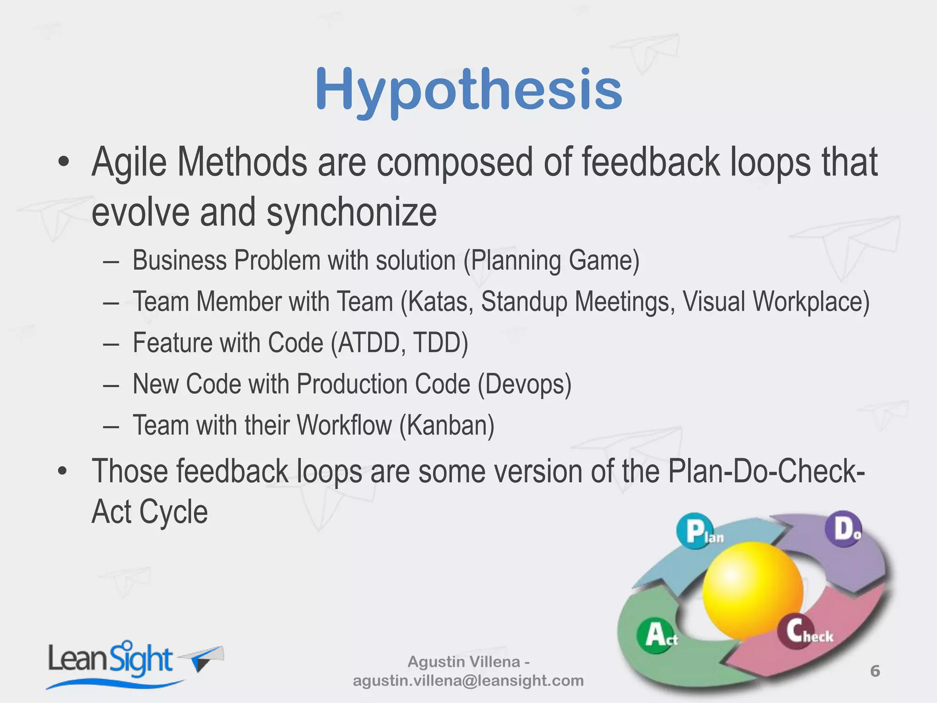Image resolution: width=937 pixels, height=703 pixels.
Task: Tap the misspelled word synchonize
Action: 351,212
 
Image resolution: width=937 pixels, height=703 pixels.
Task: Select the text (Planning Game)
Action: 551,261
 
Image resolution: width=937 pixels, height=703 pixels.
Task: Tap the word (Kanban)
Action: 447,426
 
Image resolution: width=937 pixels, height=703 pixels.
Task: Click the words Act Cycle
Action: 150,512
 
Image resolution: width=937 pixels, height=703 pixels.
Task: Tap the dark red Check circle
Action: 796,632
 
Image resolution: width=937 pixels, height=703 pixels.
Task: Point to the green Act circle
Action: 655,635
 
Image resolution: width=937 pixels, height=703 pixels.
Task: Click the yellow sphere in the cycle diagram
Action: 753,590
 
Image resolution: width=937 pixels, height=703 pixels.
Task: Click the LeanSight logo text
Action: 110,660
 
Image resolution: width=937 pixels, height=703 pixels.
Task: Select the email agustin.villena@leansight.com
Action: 468,681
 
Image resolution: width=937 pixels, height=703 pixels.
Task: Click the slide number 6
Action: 875,671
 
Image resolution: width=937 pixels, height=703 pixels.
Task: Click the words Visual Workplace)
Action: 776,302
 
